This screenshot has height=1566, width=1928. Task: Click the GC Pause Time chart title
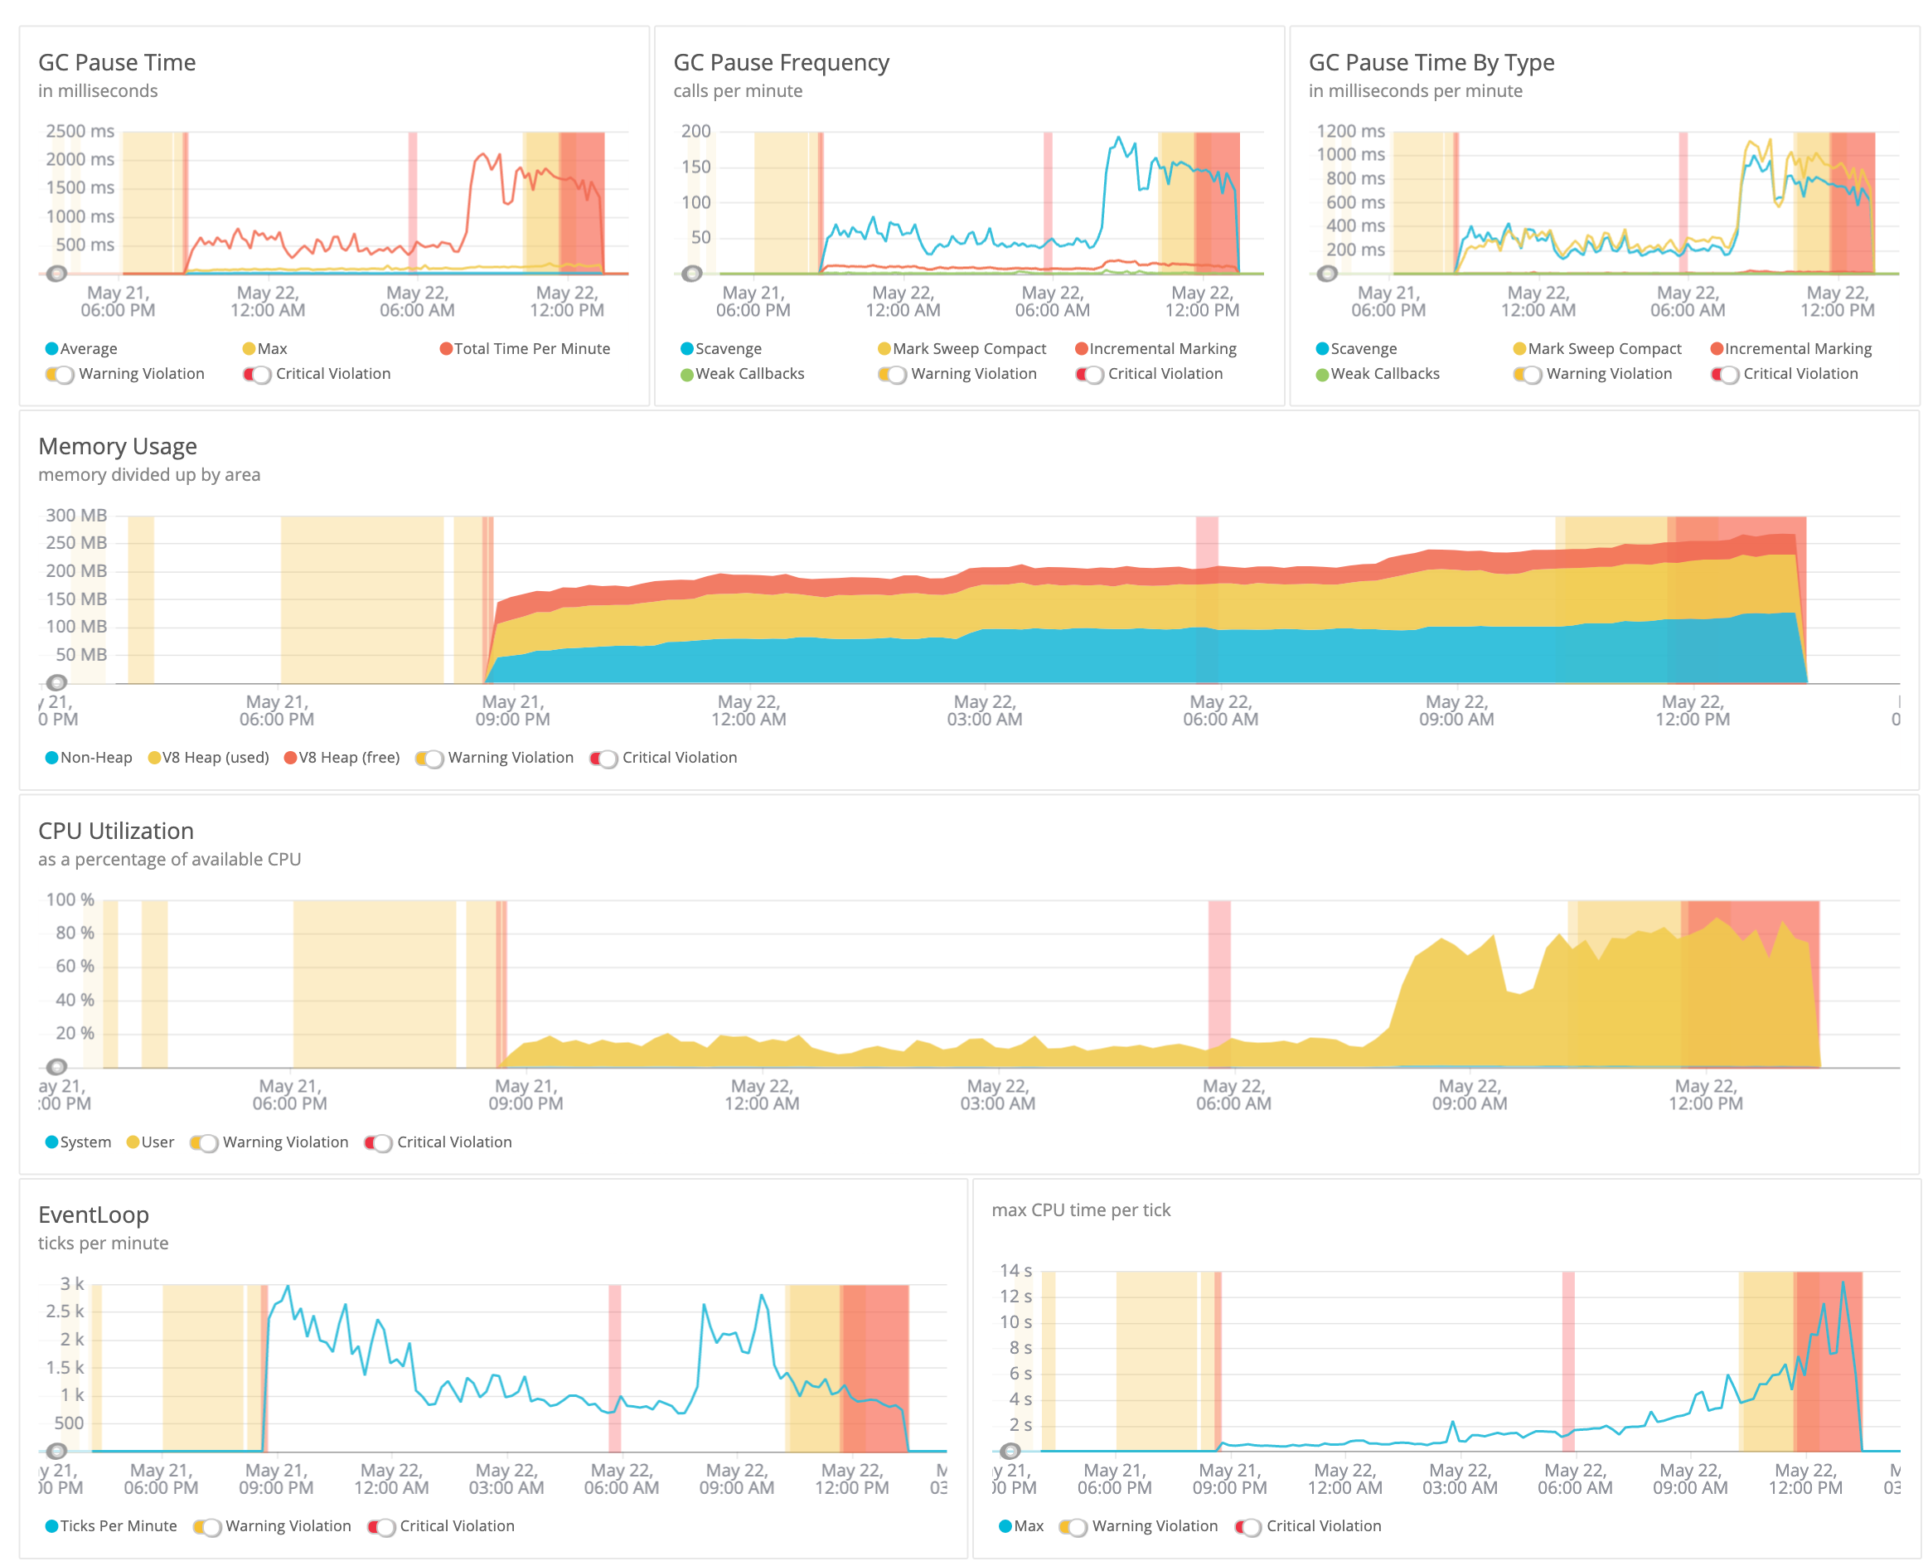116,62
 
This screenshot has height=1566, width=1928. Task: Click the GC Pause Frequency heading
780,62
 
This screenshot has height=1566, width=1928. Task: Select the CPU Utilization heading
115,831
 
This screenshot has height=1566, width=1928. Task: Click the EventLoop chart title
93,1215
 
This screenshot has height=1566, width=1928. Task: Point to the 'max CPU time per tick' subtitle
1080,1210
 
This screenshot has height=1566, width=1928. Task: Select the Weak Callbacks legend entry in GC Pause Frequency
742,373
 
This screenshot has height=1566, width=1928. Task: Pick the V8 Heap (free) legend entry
342,758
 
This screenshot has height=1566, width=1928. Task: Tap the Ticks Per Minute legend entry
111,1526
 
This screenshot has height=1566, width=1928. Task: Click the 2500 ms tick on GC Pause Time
80,131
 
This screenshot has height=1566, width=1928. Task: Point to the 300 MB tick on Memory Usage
76,515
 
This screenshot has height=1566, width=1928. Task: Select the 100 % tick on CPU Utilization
70,899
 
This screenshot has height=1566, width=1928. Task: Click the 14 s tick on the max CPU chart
1015,1270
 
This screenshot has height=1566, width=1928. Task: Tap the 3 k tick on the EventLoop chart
72,1283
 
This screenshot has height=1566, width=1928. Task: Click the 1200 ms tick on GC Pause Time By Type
1350,131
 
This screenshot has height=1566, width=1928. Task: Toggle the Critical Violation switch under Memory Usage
603,759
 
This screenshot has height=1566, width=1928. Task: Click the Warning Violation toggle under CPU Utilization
204,1143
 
